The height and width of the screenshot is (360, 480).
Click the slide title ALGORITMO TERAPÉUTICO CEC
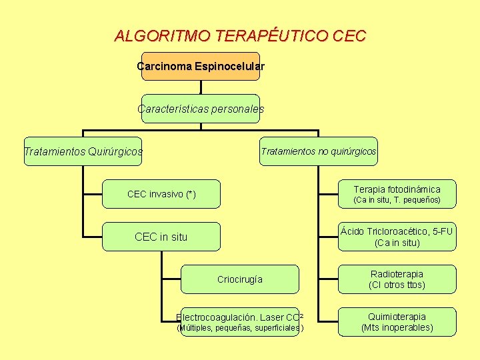click(240, 36)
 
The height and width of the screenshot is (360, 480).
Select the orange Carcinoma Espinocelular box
click(200, 67)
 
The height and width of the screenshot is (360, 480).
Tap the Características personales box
click(200, 109)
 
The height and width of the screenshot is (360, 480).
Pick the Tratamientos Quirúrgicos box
click(83, 152)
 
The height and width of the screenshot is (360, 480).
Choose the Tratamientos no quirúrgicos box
click(318, 151)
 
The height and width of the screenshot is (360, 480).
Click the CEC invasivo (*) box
click(161, 194)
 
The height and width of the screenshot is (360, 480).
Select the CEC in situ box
click(161, 237)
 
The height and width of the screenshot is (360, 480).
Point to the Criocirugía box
click(239, 279)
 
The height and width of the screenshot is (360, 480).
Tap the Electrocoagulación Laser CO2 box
click(239, 322)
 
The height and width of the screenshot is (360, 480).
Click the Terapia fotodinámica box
click(397, 194)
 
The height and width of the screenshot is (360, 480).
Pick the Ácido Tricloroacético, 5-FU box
click(397, 237)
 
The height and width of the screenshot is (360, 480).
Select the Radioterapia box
click(397, 279)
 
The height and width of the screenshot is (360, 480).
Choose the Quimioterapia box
click(397, 322)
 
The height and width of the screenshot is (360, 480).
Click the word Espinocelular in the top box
click(229, 67)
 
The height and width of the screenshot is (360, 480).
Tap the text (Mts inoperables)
click(397, 328)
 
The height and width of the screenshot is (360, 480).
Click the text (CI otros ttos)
click(397, 285)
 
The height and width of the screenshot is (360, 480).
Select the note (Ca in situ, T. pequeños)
click(397, 200)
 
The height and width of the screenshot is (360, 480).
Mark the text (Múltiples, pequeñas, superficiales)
click(239, 328)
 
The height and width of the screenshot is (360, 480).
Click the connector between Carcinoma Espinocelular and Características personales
click(201, 87)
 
